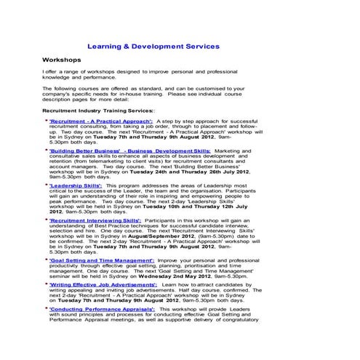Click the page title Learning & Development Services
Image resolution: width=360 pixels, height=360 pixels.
pyautogui.click(x=158, y=46)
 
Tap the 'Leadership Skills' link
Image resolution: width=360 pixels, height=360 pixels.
pyautogui.click(x=76, y=185)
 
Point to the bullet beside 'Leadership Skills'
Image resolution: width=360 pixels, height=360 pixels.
pyautogui.click(x=47, y=185)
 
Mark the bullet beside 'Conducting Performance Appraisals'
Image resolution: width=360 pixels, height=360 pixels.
pyautogui.click(x=47, y=308)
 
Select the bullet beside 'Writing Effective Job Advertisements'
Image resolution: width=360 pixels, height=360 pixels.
pyautogui.click(x=47, y=286)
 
